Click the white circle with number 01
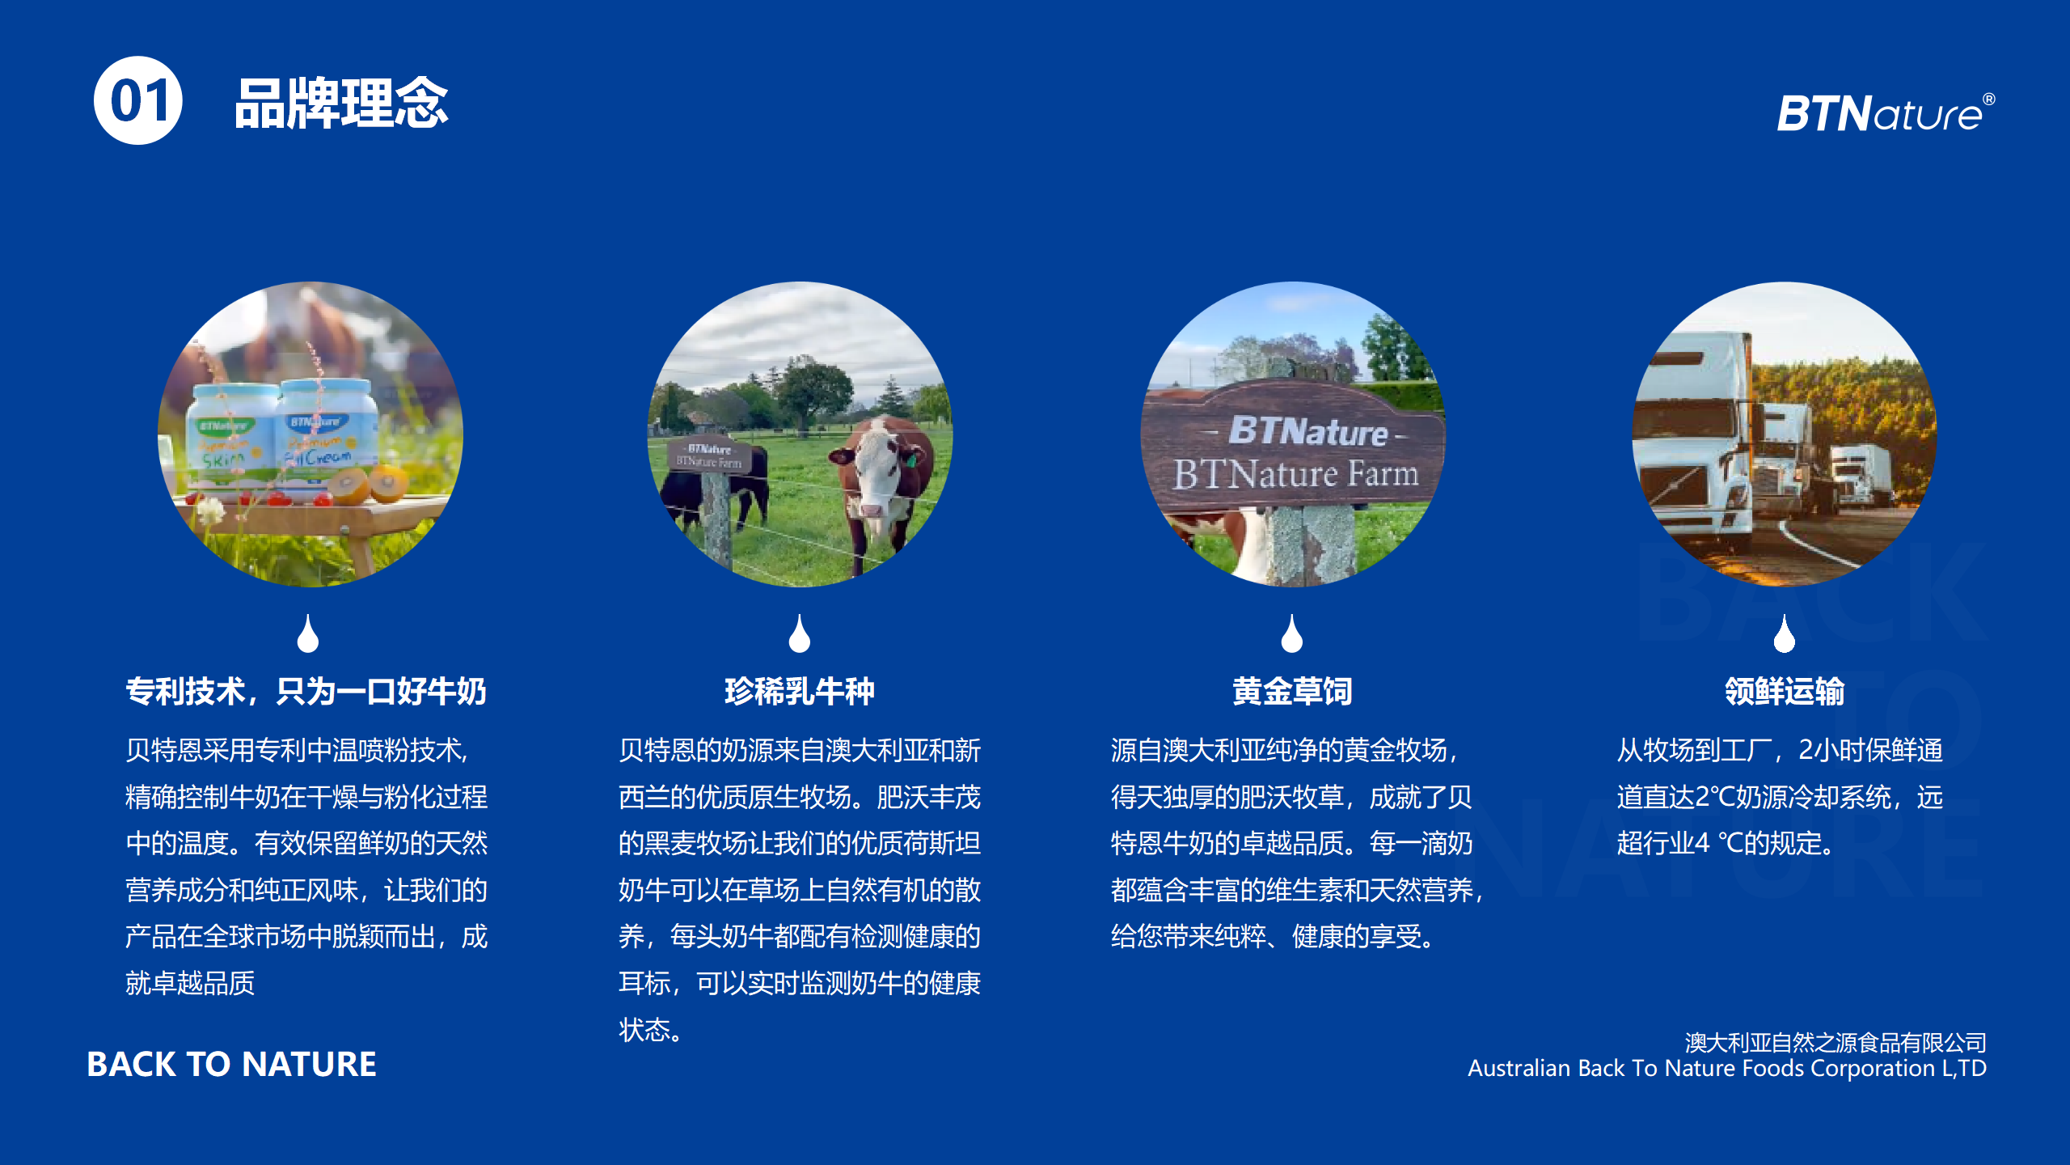point(138,100)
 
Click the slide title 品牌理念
point(341,103)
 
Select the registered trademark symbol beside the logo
point(1988,100)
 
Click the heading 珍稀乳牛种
point(799,691)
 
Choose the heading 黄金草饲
point(1292,691)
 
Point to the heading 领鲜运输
point(1785,691)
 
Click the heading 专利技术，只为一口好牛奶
point(306,691)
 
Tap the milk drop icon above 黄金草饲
point(1292,633)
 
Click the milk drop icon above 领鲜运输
point(1785,633)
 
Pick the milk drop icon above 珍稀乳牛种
point(800,633)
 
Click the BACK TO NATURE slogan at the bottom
point(231,1064)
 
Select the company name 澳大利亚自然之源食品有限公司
point(1836,1042)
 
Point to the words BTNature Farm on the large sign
point(1295,473)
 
